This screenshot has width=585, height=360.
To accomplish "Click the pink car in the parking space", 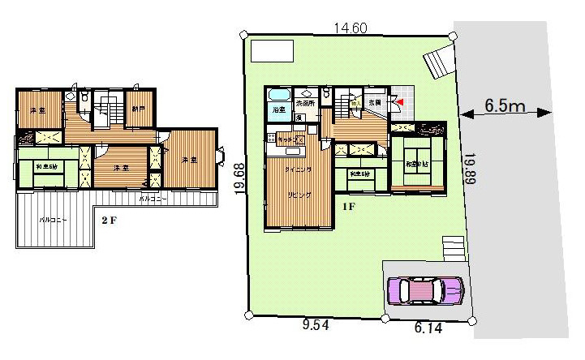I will (x=425, y=289).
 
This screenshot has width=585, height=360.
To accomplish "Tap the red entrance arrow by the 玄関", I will (x=398, y=101).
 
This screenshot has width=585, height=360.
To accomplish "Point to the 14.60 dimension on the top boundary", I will (x=351, y=28).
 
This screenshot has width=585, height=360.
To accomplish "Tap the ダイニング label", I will (x=295, y=170).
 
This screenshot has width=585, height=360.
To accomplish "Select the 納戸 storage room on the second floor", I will (x=139, y=109).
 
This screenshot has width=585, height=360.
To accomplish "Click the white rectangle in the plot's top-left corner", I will (x=273, y=51).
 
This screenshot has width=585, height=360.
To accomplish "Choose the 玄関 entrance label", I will (x=375, y=103).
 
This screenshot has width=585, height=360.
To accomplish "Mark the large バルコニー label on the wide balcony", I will (x=54, y=220).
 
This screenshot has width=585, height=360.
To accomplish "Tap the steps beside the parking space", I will (x=454, y=246).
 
